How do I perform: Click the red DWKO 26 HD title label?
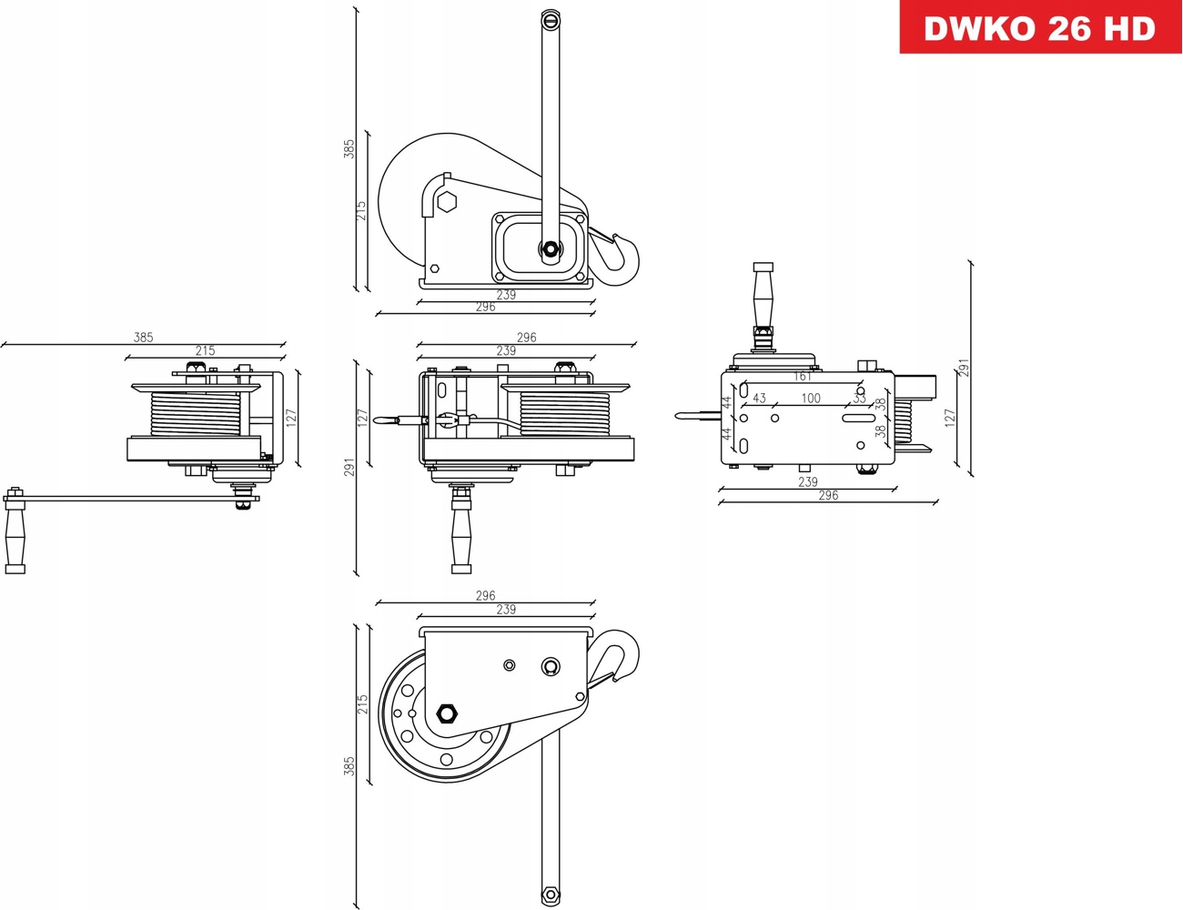click(x=1040, y=27)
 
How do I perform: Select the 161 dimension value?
click(x=802, y=377)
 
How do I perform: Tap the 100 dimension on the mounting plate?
click(x=811, y=399)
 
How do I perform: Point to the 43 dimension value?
click(x=759, y=399)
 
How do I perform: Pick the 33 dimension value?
click(x=859, y=399)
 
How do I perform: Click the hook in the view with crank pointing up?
click(x=622, y=257)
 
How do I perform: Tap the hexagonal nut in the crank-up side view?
click(x=446, y=202)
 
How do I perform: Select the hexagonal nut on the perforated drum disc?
click(x=447, y=713)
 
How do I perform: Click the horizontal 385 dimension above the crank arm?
click(x=143, y=338)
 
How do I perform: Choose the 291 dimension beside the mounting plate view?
click(x=964, y=367)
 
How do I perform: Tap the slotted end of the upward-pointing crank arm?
click(x=550, y=20)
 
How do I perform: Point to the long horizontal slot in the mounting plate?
click(x=855, y=419)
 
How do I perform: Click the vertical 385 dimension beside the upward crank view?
click(x=349, y=149)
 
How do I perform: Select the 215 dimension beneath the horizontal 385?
click(x=205, y=351)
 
